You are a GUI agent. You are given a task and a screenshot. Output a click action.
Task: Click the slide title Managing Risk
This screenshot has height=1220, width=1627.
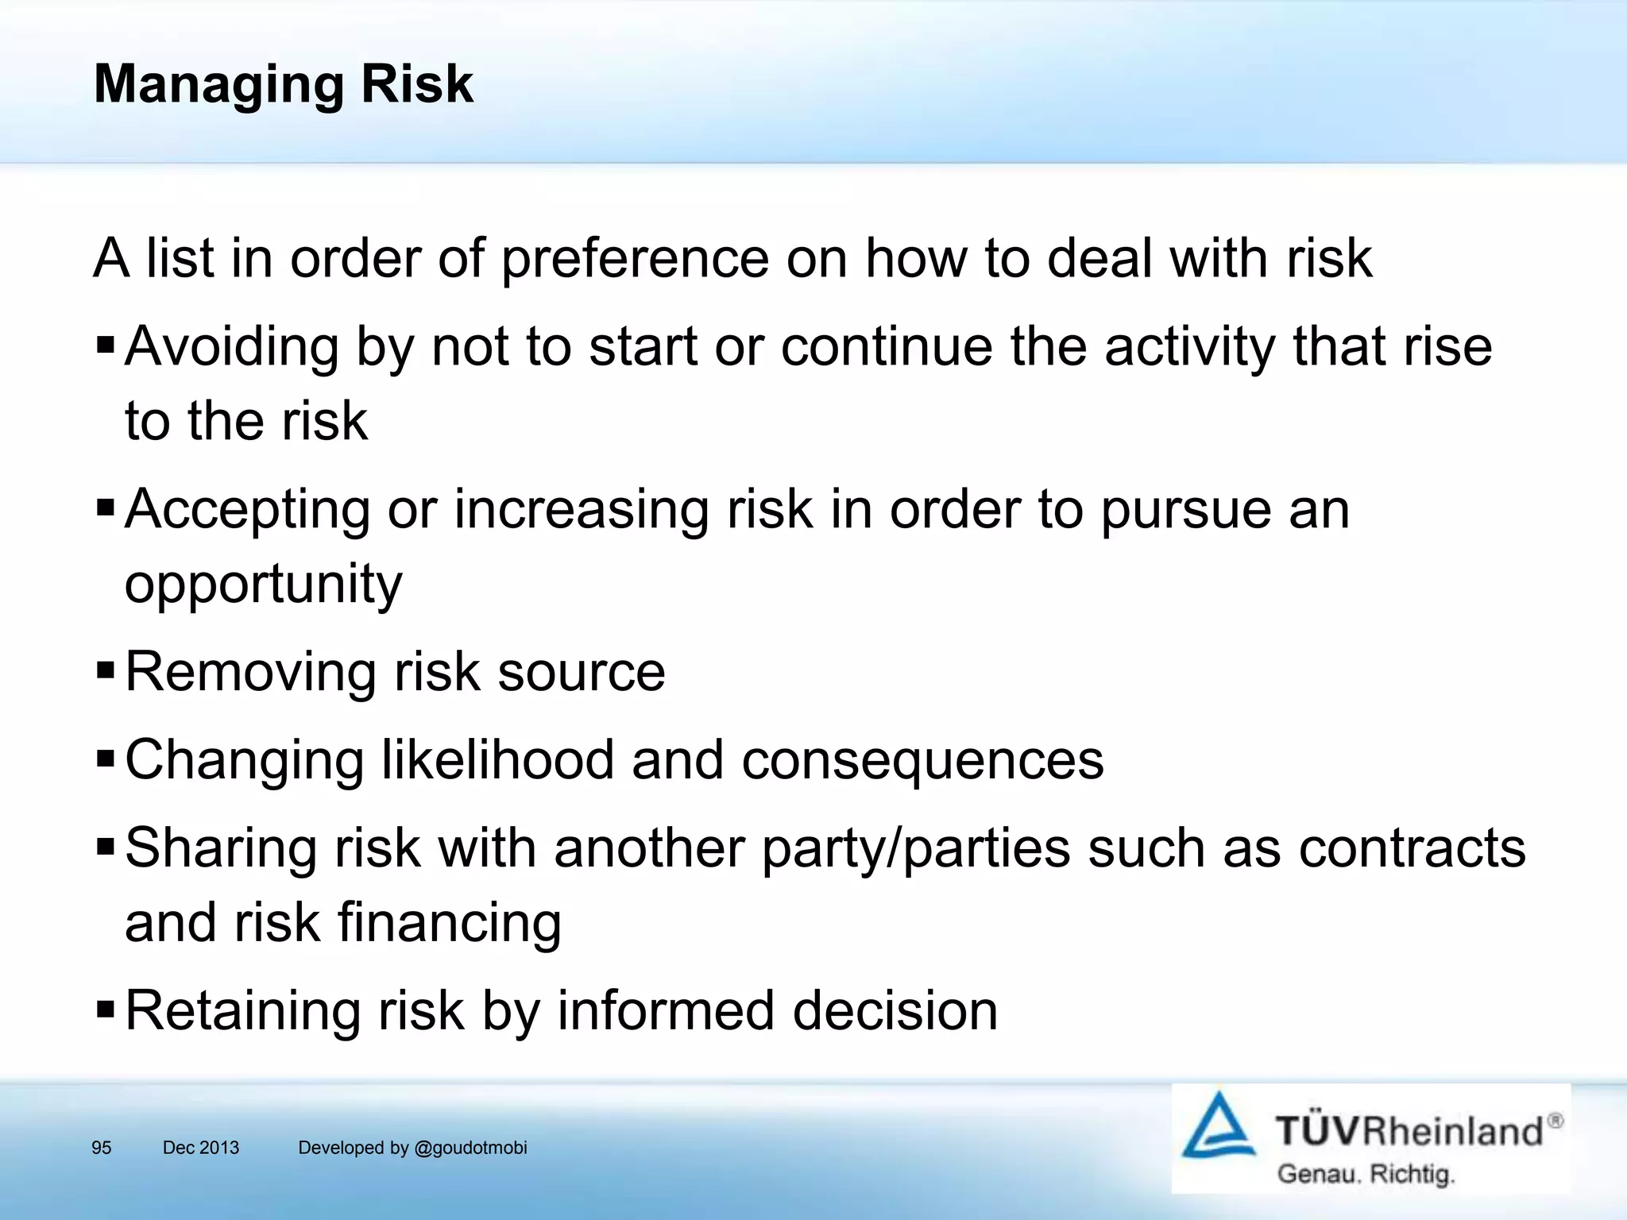click(x=283, y=84)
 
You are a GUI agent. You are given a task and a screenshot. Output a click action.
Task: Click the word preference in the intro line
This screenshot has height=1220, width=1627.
click(x=635, y=259)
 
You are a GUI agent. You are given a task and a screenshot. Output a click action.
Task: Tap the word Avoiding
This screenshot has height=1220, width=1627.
click(x=231, y=347)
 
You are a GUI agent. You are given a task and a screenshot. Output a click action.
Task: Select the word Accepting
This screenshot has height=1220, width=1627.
click(x=247, y=510)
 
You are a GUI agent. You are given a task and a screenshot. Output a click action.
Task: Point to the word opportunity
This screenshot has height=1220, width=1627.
click(x=263, y=585)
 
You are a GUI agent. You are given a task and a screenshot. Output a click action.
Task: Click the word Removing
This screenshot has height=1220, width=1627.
click(x=251, y=672)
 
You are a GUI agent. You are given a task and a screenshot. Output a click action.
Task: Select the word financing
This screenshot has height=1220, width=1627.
click(x=449, y=924)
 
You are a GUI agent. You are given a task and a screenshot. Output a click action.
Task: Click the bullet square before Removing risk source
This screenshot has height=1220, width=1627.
click(x=105, y=671)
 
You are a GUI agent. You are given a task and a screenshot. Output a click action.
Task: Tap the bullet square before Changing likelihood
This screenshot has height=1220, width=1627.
click(x=105, y=759)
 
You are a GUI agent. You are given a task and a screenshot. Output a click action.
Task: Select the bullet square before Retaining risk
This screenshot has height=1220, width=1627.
click(x=105, y=1010)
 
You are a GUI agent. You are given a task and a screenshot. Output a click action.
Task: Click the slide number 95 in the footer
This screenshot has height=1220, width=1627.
click(x=102, y=1148)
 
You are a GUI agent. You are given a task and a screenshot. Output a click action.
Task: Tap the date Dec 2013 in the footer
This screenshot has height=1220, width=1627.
click(x=200, y=1148)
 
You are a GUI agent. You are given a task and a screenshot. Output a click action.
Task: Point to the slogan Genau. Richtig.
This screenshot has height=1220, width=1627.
click(x=1366, y=1174)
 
